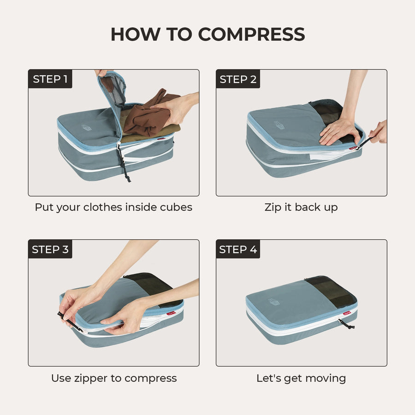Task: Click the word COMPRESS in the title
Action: pyautogui.click(x=251, y=35)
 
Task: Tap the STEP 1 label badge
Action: pyautogui.click(x=50, y=79)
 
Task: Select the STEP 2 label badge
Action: pyautogui.click(x=238, y=79)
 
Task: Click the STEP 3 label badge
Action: pyautogui.click(x=50, y=249)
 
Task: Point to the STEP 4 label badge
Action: pyautogui.click(x=238, y=249)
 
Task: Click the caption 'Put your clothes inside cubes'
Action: pyautogui.click(x=113, y=207)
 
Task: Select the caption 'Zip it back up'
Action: pyautogui.click(x=301, y=207)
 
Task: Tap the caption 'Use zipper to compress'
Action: pyautogui.click(x=113, y=378)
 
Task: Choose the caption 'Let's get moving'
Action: pyautogui.click(x=301, y=378)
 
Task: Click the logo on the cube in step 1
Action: pyautogui.click(x=86, y=127)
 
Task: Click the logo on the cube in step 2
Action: pyautogui.click(x=279, y=125)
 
